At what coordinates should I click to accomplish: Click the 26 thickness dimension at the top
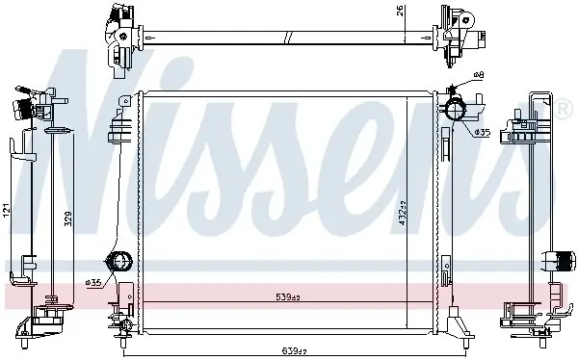pos(401,11)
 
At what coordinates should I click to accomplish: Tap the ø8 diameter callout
pos(479,75)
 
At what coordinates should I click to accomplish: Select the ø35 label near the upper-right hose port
pos(483,132)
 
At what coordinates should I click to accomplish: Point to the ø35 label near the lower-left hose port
pos(93,283)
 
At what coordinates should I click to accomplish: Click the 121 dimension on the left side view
pos(7,210)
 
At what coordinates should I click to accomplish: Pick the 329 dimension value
pos(68,219)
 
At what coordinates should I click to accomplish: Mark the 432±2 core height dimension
pos(402,213)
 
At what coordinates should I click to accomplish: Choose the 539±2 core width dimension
pos(288,296)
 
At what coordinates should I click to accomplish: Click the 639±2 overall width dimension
pos(294,351)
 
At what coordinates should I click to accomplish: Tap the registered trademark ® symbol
pos(564,110)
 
